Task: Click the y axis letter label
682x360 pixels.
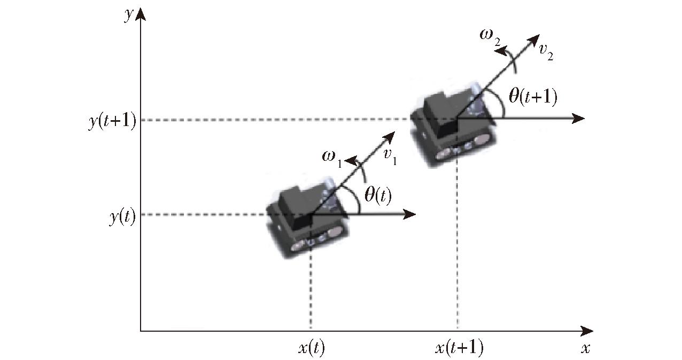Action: pyautogui.click(x=129, y=14)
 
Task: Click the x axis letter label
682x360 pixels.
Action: pyautogui.click(x=585, y=348)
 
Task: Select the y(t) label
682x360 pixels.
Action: pyautogui.click(x=122, y=217)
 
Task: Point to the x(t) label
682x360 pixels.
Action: pyautogui.click(x=311, y=348)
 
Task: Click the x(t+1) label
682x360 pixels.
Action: pyautogui.click(x=459, y=348)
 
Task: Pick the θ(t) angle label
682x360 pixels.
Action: pyautogui.click(x=378, y=196)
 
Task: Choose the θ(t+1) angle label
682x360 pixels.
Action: pyautogui.click(x=533, y=97)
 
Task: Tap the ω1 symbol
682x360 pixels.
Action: pyautogui.click(x=332, y=159)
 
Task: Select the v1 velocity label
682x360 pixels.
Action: pyautogui.click(x=390, y=156)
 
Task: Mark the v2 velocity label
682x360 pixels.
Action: pyautogui.click(x=546, y=52)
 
